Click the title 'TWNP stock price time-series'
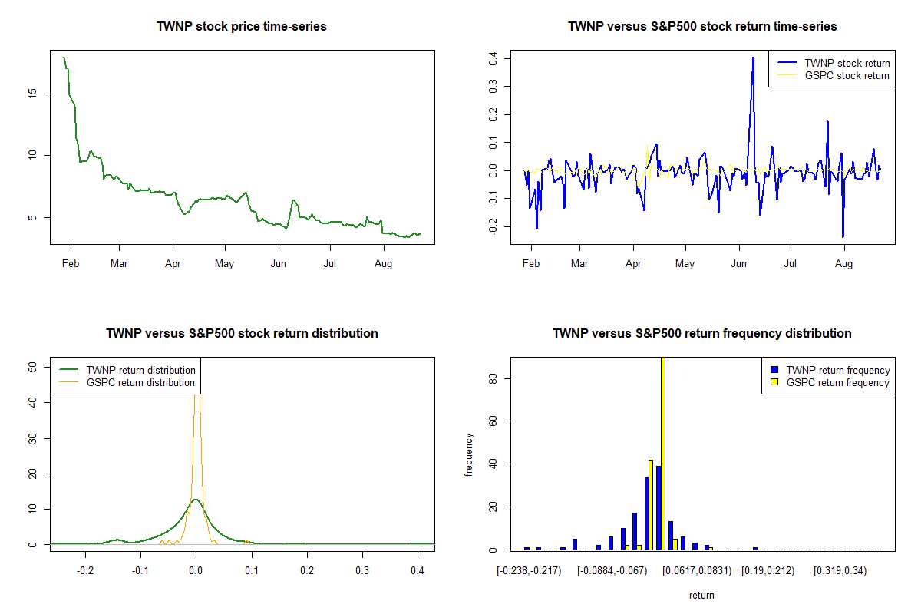242,27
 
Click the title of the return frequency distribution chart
701,334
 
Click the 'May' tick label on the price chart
224,265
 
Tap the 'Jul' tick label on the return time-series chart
790,265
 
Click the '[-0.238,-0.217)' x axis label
529,572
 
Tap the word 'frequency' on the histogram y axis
469,454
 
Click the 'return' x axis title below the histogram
701,595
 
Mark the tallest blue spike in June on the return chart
753,58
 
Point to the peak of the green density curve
196,500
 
